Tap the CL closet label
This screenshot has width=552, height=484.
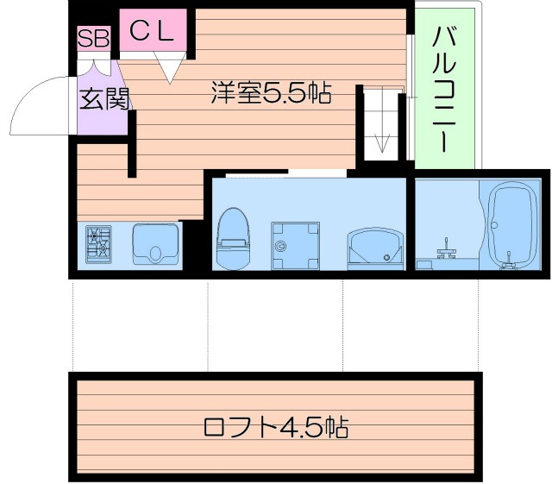click(x=153, y=32)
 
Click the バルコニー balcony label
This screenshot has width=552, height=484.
click(x=444, y=90)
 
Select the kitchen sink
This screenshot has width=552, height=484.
click(x=156, y=244)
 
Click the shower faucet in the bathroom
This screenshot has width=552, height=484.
click(x=445, y=251)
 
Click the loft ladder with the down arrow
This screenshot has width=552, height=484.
click(x=380, y=124)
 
